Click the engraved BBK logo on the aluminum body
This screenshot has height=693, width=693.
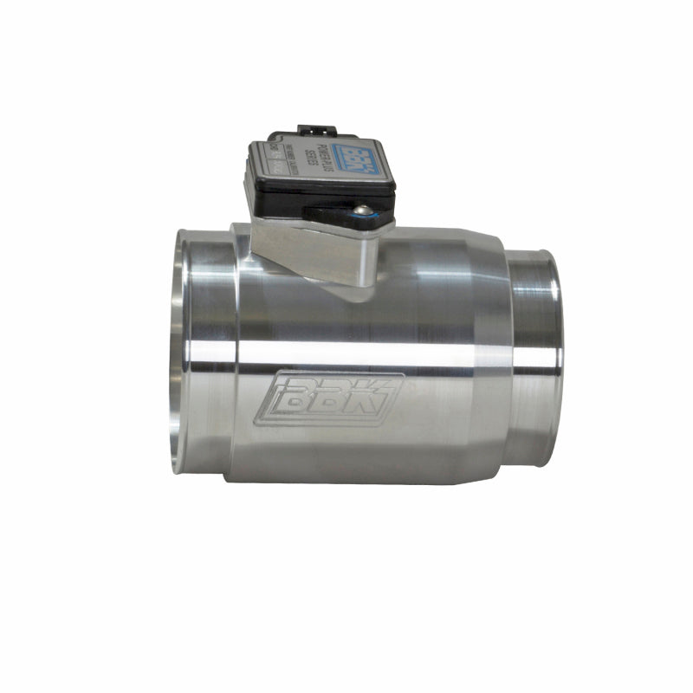tap(329, 398)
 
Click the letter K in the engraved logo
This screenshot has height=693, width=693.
tap(374, 398)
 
